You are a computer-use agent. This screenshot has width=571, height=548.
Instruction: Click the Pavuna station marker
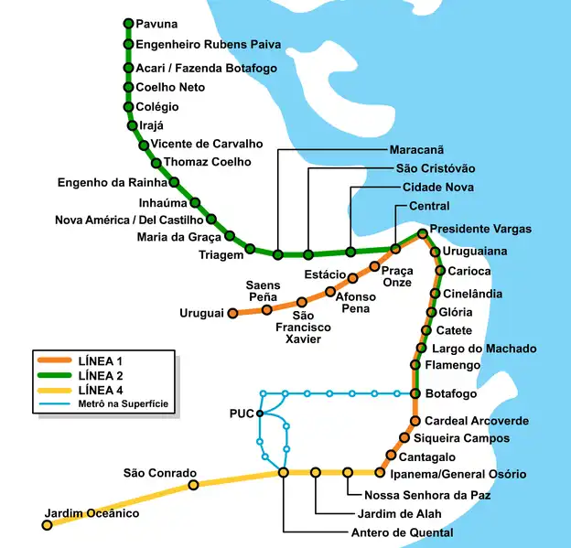(x=127, y=24)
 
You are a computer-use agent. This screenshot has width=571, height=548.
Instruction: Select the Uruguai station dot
(x=232, y=313)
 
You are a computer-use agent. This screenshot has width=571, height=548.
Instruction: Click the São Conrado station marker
(x=192, y=485)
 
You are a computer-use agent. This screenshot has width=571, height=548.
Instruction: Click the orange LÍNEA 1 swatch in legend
(x=53, y=360)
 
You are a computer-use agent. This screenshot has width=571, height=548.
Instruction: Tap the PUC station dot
(x=260, y=414)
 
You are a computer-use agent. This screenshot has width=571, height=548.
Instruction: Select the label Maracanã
(x=416, y=149)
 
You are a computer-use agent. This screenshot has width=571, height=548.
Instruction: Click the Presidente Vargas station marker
(x=422, y=233)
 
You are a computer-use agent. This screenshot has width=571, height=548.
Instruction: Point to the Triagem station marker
(x=250, y=249)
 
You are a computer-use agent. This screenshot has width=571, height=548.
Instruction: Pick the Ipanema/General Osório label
(x=458, y=474)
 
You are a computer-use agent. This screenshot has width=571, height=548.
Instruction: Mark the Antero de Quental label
(x=402, y=532)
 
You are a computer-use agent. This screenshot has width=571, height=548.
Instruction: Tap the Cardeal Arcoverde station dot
(x=414, y=422)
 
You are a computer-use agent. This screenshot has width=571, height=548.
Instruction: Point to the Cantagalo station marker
(x=392, y=455)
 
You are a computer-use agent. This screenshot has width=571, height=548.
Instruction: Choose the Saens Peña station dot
(x=267, y=309)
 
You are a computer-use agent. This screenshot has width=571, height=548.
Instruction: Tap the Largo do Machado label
(x=483, y=349)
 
